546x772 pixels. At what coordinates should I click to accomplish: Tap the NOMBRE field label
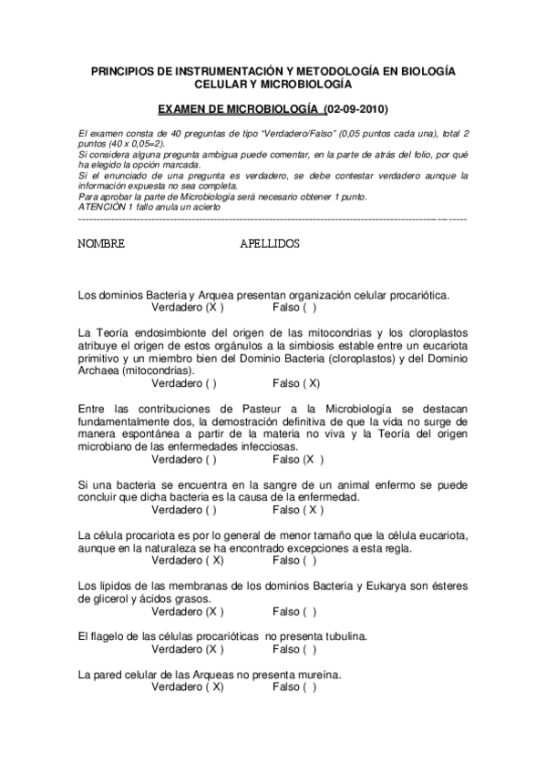coord(101,245)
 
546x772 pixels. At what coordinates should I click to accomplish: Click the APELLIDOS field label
coord(270,245)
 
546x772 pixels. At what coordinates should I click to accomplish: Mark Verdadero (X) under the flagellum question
coord(188,650)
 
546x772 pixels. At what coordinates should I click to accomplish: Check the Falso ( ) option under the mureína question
coord(295,688)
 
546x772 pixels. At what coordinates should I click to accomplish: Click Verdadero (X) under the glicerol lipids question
coord(188,612)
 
